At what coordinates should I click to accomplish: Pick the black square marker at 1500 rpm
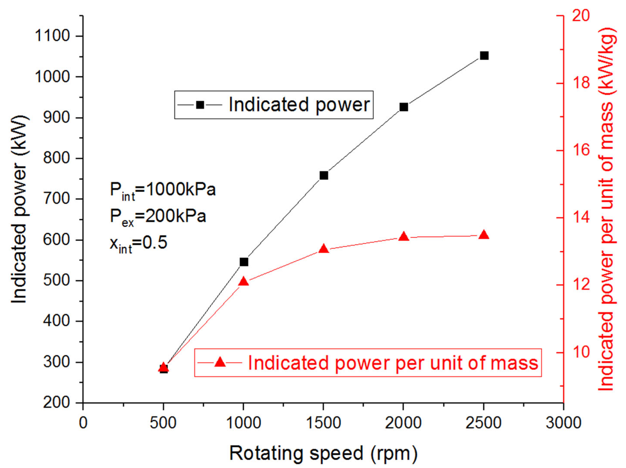click(324, 175)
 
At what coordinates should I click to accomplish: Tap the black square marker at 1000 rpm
click(244, 262)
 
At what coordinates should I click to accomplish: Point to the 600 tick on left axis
click(56, 240)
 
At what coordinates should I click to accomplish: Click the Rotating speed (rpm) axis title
click(323, 453)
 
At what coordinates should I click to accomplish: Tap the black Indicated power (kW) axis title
click(19, 209)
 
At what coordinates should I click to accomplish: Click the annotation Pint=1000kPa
click(163, 190)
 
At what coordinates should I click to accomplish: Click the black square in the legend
click(200, 105)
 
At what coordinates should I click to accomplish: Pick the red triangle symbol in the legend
click(220, 362)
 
